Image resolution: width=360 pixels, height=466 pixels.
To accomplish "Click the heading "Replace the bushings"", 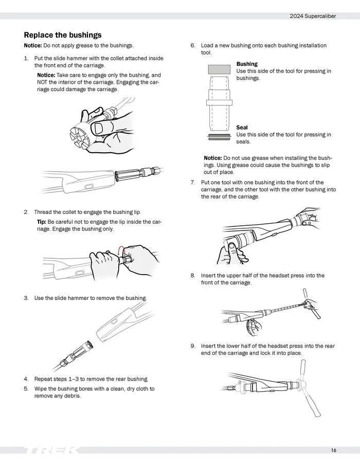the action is [x=62, y=35].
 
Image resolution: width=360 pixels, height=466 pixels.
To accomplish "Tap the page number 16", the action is [x=334, y=450].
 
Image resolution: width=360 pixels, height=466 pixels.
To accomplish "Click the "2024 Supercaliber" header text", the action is [x=313, y=16].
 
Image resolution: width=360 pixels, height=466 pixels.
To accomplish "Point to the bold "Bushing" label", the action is [x=247, y=64].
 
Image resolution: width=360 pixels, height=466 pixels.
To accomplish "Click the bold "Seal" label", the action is [x=242, y=128].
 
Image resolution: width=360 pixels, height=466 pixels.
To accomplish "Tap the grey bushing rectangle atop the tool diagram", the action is [x=219, y=69].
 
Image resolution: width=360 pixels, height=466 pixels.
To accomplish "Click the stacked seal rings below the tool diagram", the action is [x=219, y=137].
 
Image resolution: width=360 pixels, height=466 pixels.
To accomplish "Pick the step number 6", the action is [x=193, y=45].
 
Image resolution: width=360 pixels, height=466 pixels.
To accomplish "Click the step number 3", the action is [x=26, y=298].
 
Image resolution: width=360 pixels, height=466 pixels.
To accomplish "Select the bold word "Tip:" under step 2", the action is [x=42, y=222].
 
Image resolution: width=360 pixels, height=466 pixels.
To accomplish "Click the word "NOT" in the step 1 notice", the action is [x=42, y=82].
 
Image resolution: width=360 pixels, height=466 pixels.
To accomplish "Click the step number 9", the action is [x=193, y=346].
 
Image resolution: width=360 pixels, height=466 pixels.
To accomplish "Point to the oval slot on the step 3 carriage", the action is [x=114, y=321].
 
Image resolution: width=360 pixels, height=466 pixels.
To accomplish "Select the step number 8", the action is [x=193, y=276].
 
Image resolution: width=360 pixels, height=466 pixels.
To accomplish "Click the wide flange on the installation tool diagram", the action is [x=219, y=103].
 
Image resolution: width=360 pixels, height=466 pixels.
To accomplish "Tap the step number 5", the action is [x=26, y=389].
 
